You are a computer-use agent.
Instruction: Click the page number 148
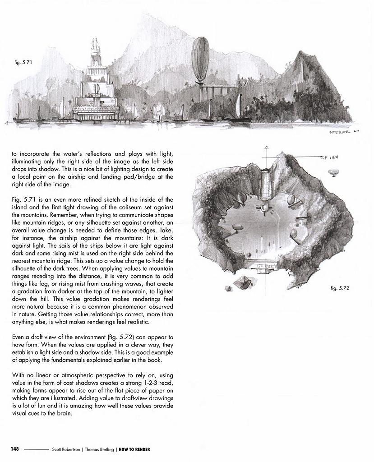pos(15,449)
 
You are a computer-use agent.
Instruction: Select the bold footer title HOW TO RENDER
pos(134,449)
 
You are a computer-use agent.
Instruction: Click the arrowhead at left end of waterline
pos(5,122)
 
